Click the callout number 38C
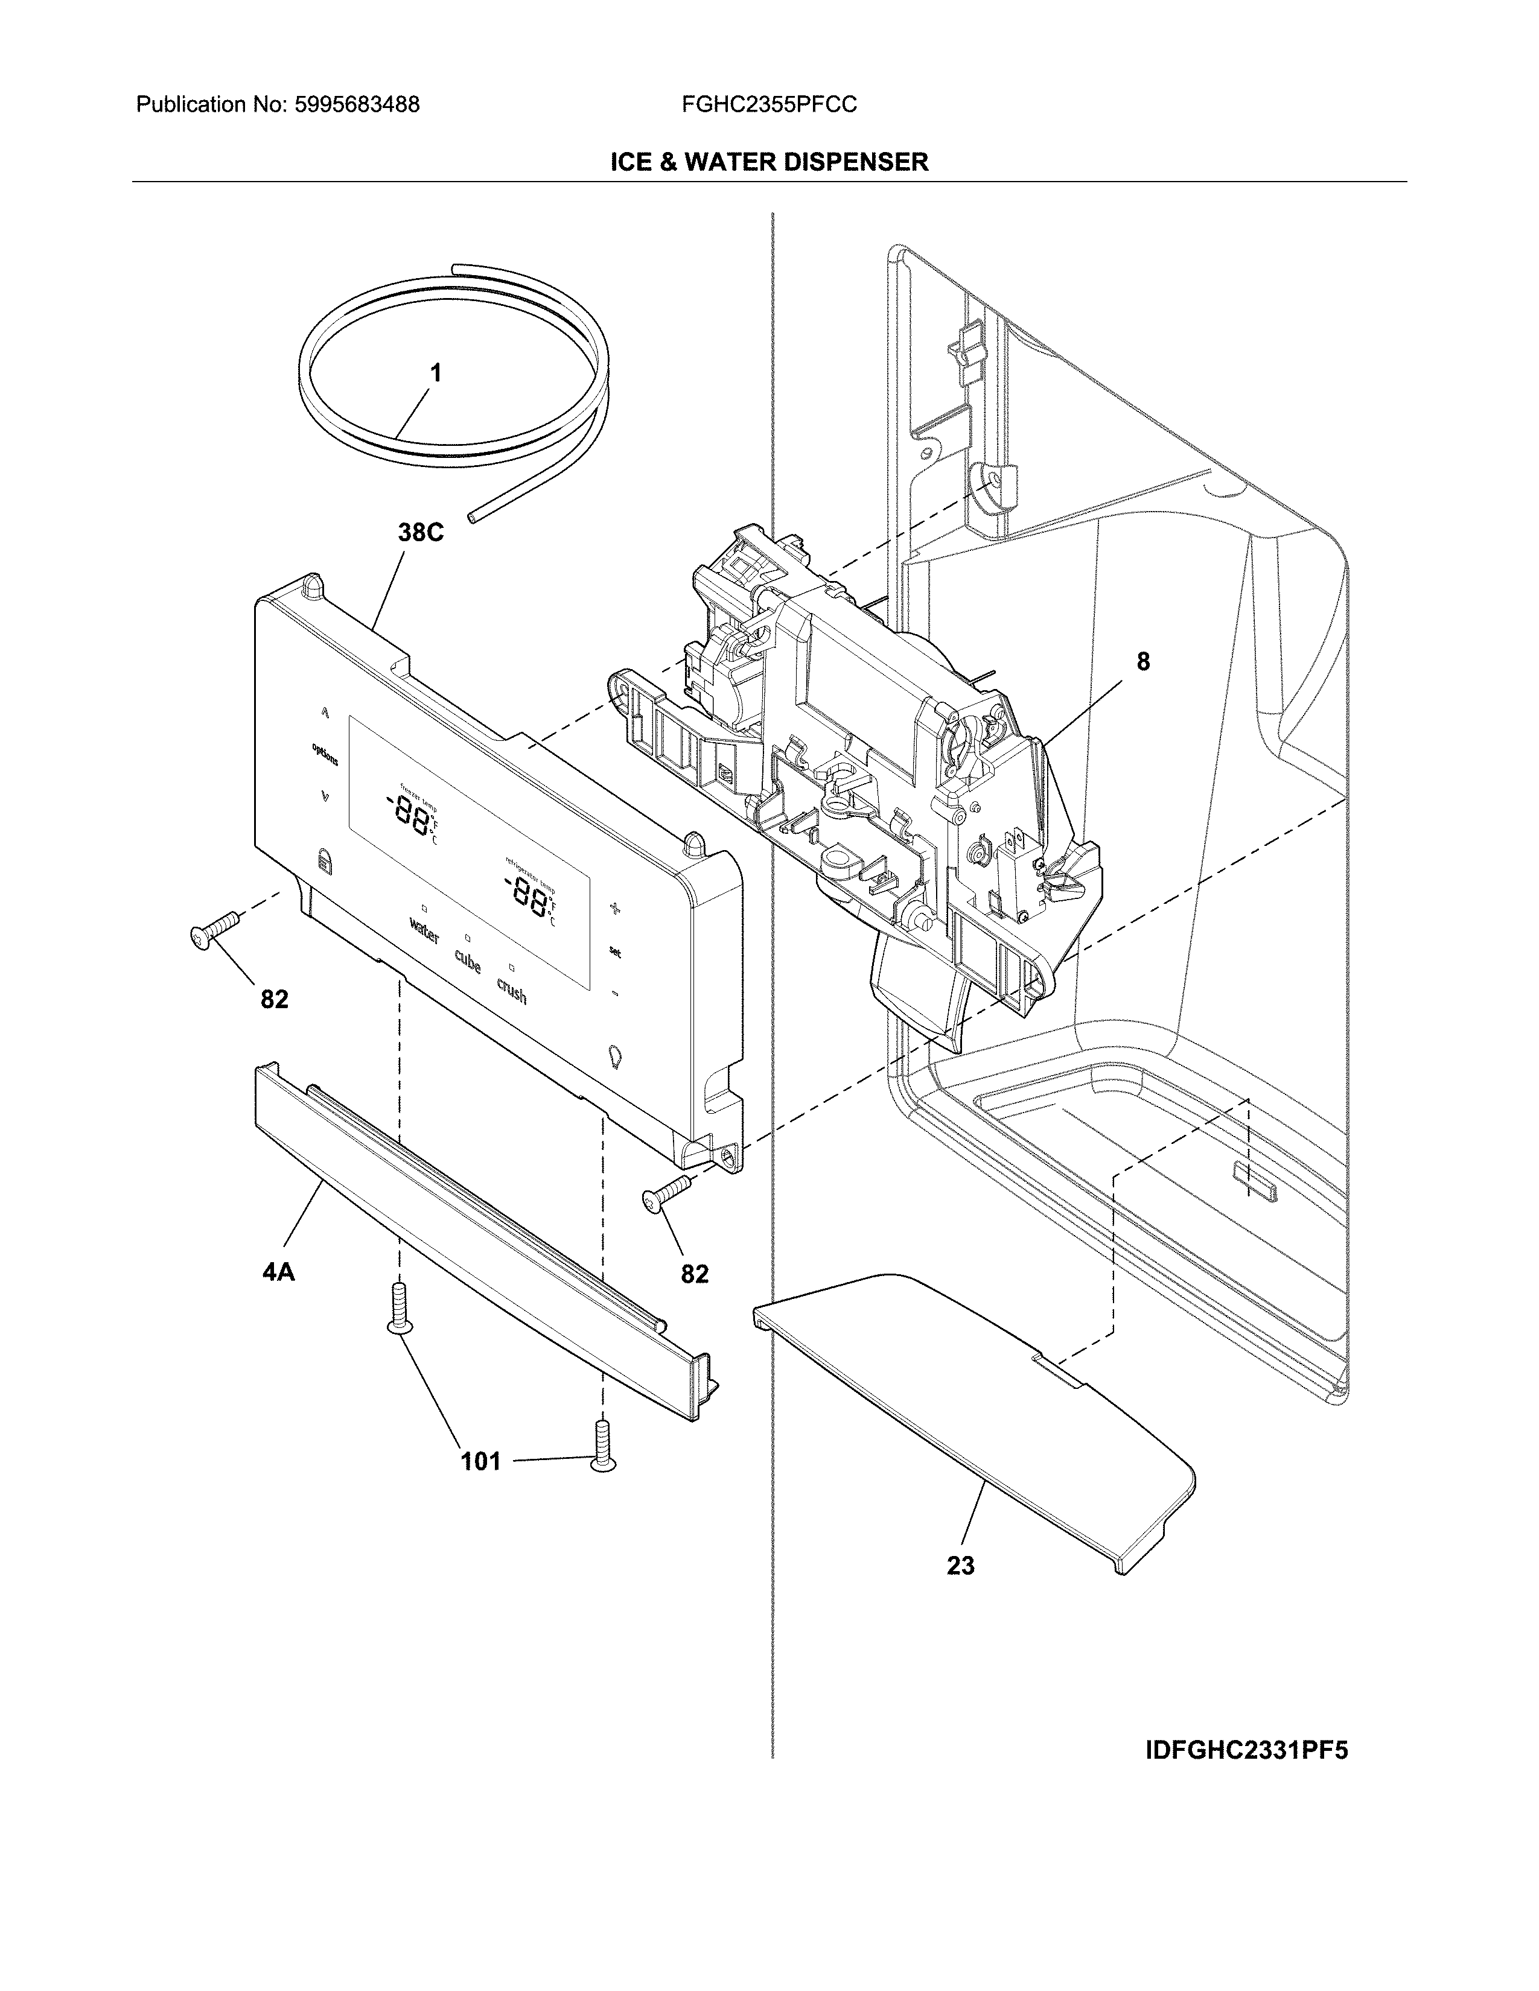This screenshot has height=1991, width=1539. (420, 532)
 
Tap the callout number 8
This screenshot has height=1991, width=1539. (1142, 662)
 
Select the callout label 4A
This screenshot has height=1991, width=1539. (278, 1272)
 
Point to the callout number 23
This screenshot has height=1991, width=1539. (960, 1565)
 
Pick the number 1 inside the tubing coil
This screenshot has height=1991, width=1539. (436, 373)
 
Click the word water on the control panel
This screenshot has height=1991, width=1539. (424, 932)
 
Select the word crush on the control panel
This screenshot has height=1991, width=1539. (511, 991)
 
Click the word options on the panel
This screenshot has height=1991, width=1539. (325, 755)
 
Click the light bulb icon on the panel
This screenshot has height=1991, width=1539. (614, 1056)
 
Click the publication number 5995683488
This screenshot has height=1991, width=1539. (357, 105)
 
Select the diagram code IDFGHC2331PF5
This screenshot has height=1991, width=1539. (1246, 1750)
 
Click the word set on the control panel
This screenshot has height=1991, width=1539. (616, 951)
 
